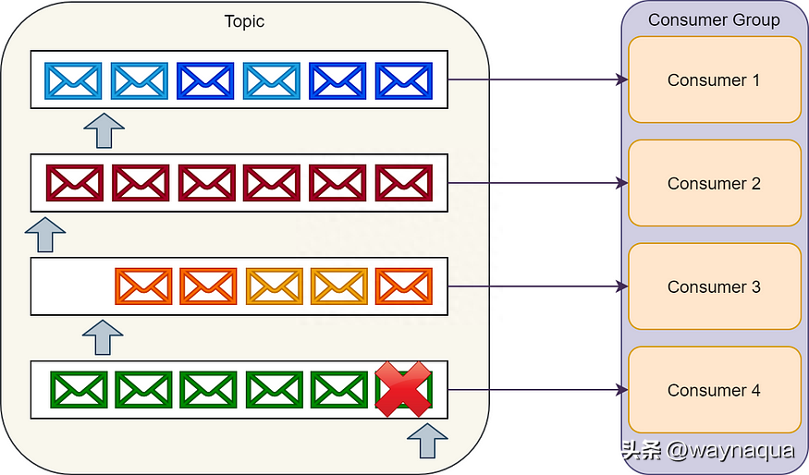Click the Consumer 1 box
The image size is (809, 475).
click(714, 79)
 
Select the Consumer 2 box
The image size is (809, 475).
click(714, 183)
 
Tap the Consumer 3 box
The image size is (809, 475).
click(714, 286)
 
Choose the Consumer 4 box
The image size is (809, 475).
click(714, 390)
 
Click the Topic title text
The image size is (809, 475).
click(244, 21)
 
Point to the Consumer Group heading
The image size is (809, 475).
click(714, 19)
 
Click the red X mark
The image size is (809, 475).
click(403, 389)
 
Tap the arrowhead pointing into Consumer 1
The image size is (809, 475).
click(622, 79)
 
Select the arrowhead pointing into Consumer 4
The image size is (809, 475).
click(622, 390)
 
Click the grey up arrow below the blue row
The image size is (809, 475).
click(104, 130)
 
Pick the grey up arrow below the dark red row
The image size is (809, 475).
click(45, 235)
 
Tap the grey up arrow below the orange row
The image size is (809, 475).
click(103, 337)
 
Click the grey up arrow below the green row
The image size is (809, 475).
click(427, 441)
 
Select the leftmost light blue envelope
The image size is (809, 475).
click(73, 81)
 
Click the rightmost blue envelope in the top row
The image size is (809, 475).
click(404, 81)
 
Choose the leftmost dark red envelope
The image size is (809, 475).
click(75, 183)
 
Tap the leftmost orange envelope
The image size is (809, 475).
click(143, 286)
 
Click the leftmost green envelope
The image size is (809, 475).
click(79, 389)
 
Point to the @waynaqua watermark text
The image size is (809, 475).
click(730, 450)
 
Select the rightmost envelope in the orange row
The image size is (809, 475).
click(404, 286)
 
